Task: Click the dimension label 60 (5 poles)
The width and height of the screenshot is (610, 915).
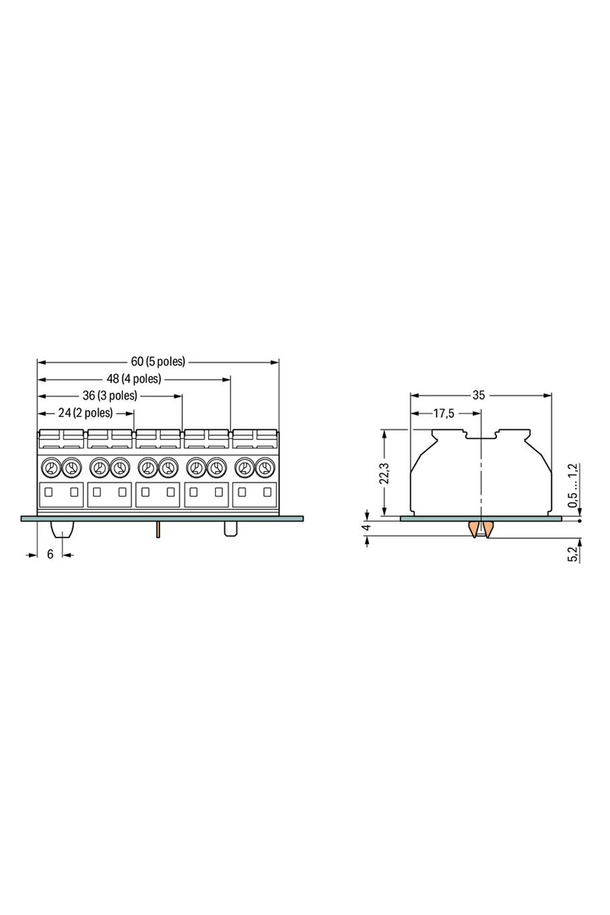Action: coord(158,361)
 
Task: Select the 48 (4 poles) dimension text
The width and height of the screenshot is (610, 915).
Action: coord(134,378)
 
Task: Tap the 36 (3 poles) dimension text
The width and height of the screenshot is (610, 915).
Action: coord(111,396)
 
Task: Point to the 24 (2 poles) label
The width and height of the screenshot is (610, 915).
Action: coord(85,413)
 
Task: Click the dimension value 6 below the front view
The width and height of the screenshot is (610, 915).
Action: coord(50,554)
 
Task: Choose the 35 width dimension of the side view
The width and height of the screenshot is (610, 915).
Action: coord(478,395)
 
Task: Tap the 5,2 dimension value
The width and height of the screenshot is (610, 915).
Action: coord(573,554)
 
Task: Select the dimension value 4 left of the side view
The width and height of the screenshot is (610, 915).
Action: coord(367,527)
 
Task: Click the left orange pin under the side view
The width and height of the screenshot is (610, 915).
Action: coord(474,530)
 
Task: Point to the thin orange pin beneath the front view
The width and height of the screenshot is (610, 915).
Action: coord(157,529)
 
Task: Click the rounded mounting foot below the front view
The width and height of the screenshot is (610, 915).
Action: coord(61,528)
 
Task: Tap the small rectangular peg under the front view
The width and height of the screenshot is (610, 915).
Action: coord(230,529)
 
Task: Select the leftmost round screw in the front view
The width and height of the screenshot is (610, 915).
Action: coord(51,467)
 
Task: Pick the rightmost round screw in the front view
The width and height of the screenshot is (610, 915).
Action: coord(265,467)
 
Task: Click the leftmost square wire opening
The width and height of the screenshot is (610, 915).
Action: coord(49,493)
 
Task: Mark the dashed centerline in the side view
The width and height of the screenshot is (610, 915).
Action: coord(481,473)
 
